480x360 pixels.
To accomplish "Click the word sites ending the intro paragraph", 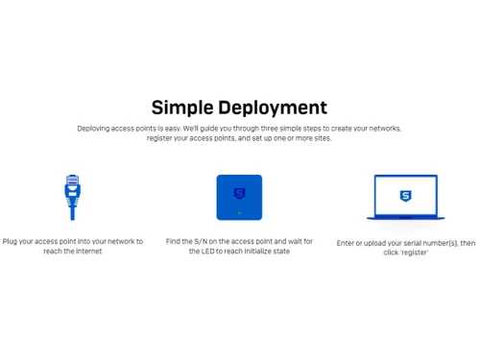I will click(321, 138).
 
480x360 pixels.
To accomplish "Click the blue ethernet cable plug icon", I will click(72, 197).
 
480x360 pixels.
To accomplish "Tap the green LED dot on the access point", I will click(239, 212).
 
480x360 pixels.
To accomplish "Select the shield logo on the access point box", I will click(239, 193).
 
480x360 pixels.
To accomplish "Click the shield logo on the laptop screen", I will click(405, 196).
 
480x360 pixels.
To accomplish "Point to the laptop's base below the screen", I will click(405, 217).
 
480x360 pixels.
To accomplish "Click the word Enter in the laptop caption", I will click(346, 244).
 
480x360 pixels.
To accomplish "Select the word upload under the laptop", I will click(377, 244).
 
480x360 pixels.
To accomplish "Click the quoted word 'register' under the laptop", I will click(414, 253).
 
